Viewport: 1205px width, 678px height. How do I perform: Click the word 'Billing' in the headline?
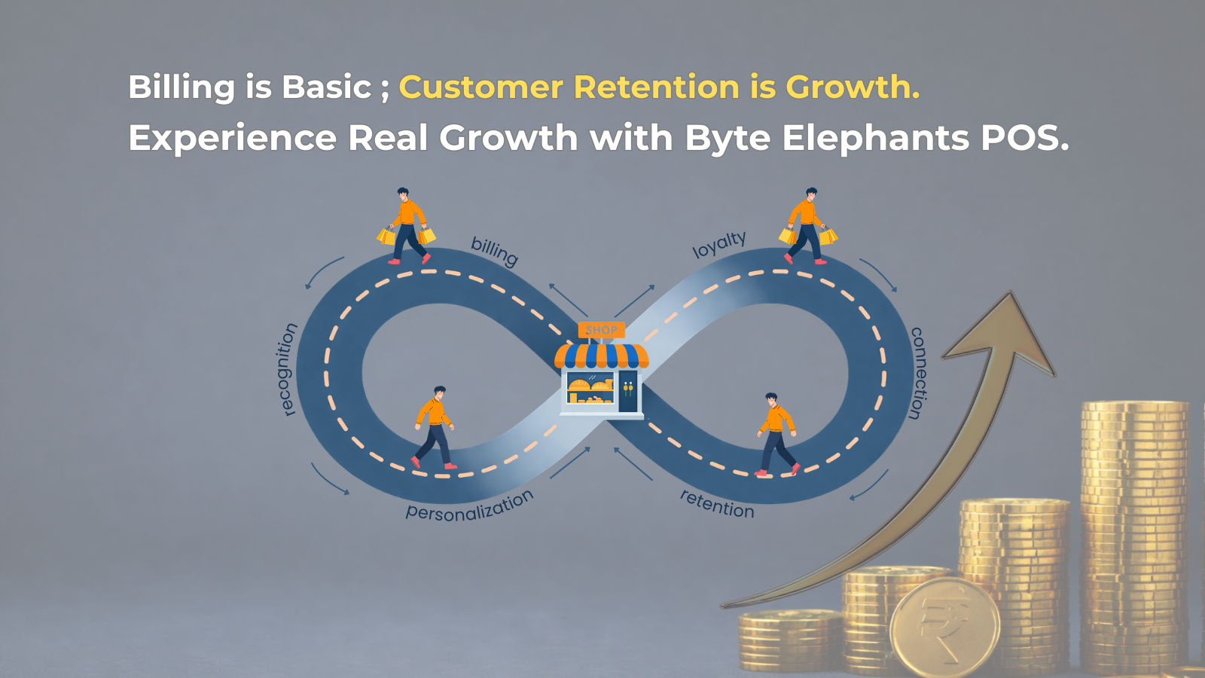[x=182, y=88]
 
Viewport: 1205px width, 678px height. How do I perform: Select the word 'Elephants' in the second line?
[x=875, y=138]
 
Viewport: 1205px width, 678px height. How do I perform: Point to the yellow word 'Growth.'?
[x=853, y=87]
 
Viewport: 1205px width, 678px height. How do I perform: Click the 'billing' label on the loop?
[x=494, y=251]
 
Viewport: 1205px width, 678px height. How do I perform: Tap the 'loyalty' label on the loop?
[x=719, y=244]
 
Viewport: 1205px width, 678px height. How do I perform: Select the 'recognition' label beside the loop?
[x=287, y=369]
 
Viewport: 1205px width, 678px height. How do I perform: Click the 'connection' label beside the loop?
[x=917, y=373]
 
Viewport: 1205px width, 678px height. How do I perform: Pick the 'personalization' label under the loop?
[x=469, y=505]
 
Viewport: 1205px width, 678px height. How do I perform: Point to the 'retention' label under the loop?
[x=717, y=503]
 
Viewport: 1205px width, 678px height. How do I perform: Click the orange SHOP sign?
[x=601, y=330]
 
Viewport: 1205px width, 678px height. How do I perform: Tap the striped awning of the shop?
[x=601, y=356]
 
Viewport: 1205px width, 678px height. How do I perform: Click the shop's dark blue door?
[x=627, y=390]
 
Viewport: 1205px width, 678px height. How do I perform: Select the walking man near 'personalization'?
[x=435, y=427]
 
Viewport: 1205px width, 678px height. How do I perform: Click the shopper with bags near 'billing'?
[x=407, y=226]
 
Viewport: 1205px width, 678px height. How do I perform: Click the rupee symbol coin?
[x=944, y=628]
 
